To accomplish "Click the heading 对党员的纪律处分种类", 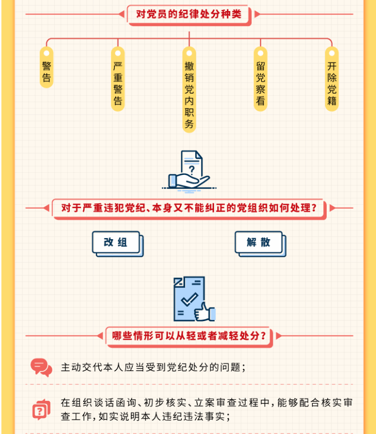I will coord(189,14).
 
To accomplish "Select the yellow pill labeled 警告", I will coord(47,67).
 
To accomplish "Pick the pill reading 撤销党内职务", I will coord(189,89).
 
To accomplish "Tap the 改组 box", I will coord(116,242).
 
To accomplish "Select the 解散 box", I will coord(258,242).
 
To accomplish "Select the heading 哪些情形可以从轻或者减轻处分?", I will coord(189,336).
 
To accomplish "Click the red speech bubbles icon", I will coord(42,367).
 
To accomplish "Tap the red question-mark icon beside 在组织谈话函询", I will coord(41,409).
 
